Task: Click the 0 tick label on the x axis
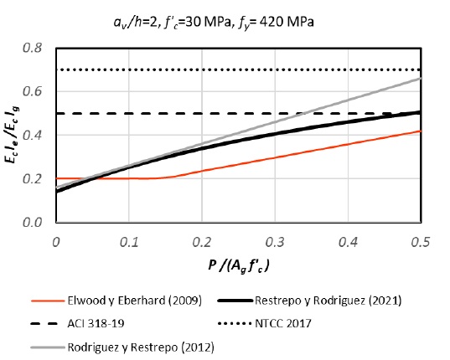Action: coord(55,241)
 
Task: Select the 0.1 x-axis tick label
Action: coord(128,241)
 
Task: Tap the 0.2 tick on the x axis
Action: coord(201,241)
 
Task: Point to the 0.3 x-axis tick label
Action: coord(274,241)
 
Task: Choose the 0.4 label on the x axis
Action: coord(347,241)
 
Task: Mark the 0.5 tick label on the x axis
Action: coord(419,241)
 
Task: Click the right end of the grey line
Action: coord(420,79)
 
